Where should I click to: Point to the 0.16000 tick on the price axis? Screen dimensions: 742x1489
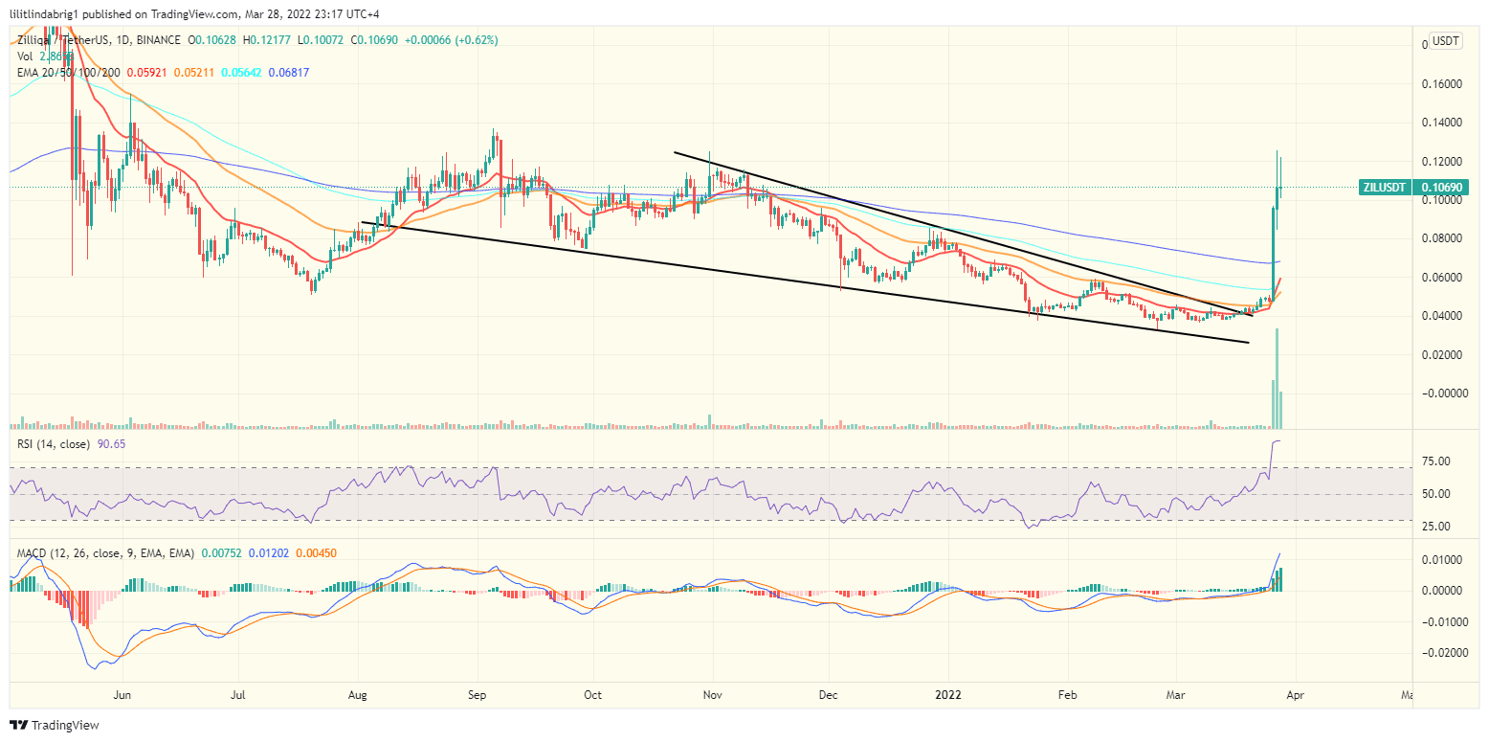[1443, 84]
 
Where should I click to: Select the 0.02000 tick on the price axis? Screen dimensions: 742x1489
[1443, 355]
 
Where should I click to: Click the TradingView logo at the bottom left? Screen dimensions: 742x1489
[55, 725]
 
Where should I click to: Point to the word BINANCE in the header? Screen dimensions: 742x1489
[157, 40]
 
